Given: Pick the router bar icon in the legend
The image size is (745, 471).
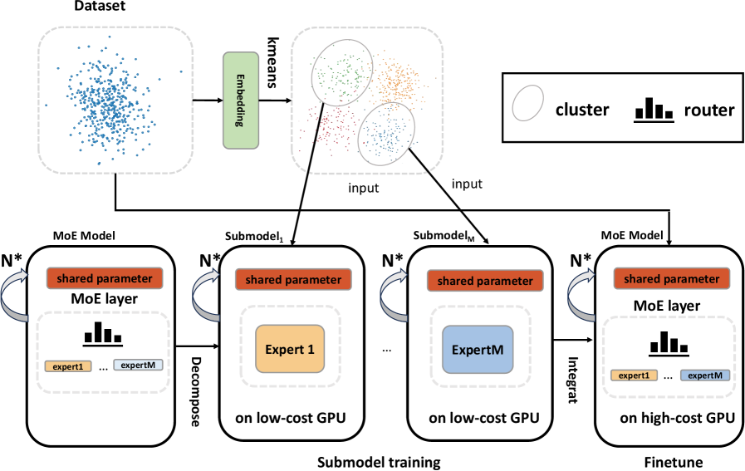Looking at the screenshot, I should click(653, 109).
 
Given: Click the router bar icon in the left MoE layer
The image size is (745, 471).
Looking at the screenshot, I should click(100, 334).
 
